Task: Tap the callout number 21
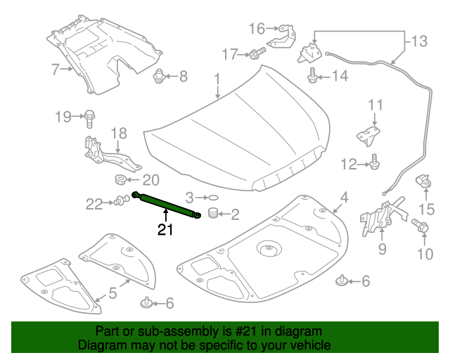tap(165, 230)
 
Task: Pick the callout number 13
tap(419, 41)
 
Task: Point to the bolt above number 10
tap(421, 227)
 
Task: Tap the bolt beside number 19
tap(91, 116)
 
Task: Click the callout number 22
tap(94, 204)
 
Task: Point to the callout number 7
tap(55, 69)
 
